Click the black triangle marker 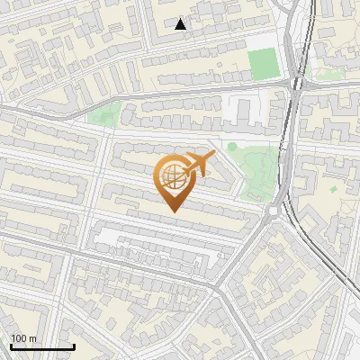(181, 24)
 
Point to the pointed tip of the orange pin (172, 211)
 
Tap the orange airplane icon (197, 165)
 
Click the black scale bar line (41, 346)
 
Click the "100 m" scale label (24, 338)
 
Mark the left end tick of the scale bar (10, 345)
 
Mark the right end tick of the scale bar (74, 345)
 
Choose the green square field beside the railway (263, 64)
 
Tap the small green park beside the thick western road (106, 114)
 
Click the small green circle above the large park (232, 147)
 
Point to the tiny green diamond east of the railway (335, 190)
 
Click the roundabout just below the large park (272, 211)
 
